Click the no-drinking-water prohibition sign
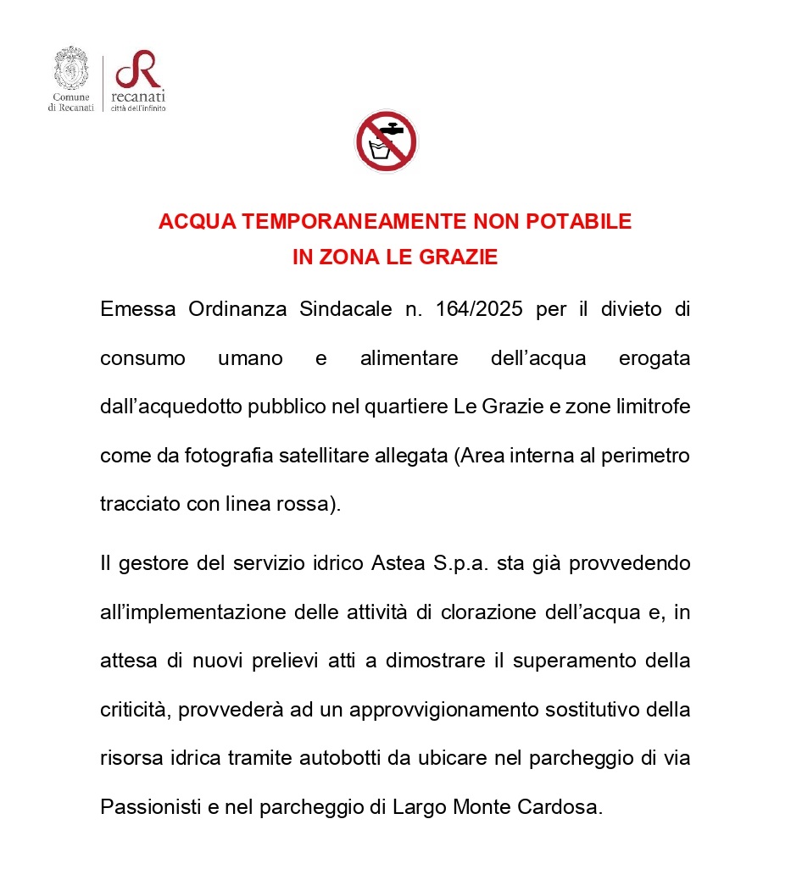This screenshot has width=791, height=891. (x=386, y=141)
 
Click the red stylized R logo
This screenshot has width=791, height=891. (x=138, y=69)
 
